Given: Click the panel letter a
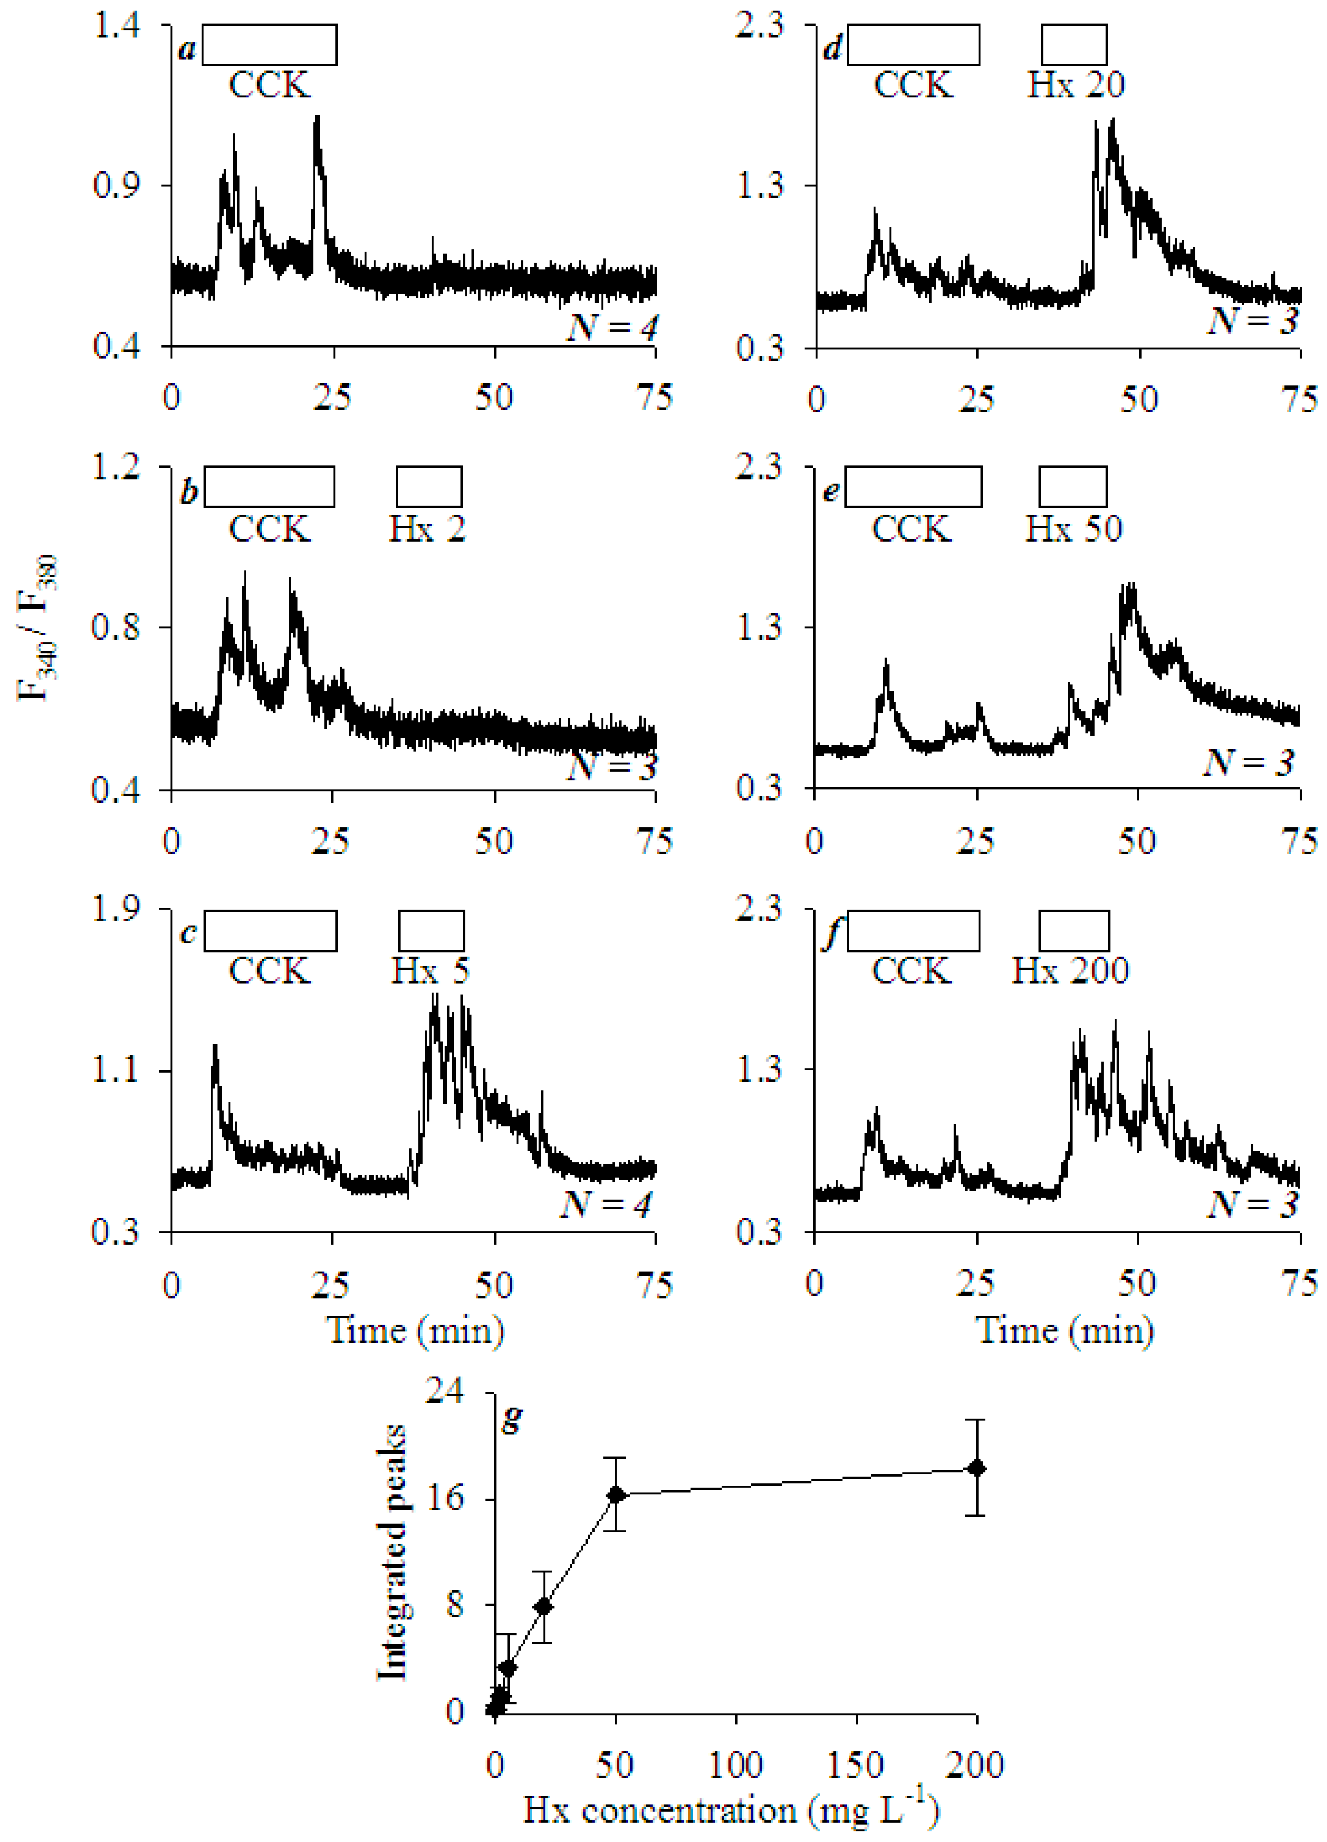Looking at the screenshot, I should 187,50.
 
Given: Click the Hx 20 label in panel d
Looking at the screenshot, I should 1075,84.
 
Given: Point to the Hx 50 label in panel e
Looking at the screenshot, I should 1073,529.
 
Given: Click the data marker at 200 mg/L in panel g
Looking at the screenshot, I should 976,1469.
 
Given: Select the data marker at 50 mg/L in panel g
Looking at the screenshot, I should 616,1494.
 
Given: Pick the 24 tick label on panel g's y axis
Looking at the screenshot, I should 445,1391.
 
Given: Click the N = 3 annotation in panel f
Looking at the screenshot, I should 1253,1204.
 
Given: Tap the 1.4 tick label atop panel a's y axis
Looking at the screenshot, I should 117,25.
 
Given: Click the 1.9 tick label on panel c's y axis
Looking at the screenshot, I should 117,908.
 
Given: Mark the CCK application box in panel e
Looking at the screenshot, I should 913,487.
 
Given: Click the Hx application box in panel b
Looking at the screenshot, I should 429,487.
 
